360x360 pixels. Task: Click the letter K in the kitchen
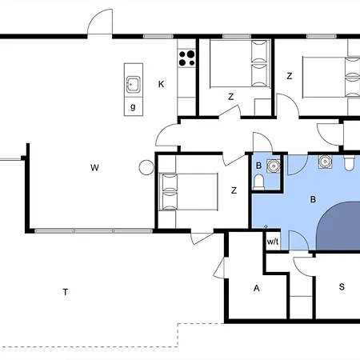pos(161,83)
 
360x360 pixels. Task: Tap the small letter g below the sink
pos(133,106)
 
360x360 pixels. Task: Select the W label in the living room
pos(94,167)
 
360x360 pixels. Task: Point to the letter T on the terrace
pos(65,292)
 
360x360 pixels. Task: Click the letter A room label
pos(257,288)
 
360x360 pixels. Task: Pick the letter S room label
pos(342,287)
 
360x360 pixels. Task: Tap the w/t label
pos(272,241)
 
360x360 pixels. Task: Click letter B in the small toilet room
pos(258,166)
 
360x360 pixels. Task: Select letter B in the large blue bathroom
pos(314,198)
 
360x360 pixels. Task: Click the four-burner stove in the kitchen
pos(187,58)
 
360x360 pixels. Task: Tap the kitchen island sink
pos(133,83)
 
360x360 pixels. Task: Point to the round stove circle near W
pos(146,167)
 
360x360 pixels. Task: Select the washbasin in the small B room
pos(274,166)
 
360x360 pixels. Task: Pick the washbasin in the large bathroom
pos(325,162)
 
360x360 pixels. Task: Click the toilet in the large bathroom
pos(350,163)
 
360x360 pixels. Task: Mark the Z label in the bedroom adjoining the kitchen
pos(230,97)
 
